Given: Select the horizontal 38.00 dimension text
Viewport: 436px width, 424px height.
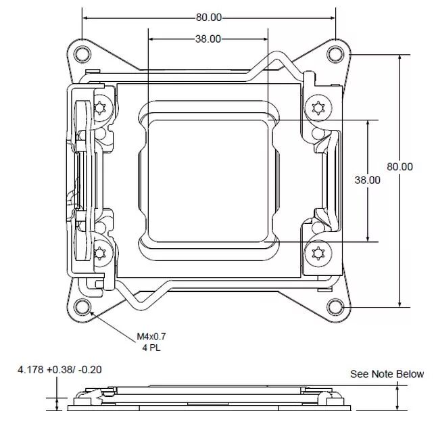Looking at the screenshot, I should [x=208, y=39].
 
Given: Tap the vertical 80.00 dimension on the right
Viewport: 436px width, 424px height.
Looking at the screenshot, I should [x=399, y=166].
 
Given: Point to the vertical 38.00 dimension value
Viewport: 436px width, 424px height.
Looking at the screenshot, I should [x=367, y=180].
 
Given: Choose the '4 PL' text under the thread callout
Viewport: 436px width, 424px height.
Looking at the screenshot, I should [x=151, y=348].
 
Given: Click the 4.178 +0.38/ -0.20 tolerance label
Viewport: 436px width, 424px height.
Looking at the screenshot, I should [x=60, y=370].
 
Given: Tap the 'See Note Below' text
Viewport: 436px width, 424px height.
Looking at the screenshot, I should [x=387, y=374].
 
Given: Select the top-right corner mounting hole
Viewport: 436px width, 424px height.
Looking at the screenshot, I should [x=336, y=53].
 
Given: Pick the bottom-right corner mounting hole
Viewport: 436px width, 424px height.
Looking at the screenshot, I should [x=336, y=308].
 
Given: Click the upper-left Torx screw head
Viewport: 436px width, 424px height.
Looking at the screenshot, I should [x=101, y=108].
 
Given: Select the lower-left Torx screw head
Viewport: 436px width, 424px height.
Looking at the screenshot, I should [x=101, y=253].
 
